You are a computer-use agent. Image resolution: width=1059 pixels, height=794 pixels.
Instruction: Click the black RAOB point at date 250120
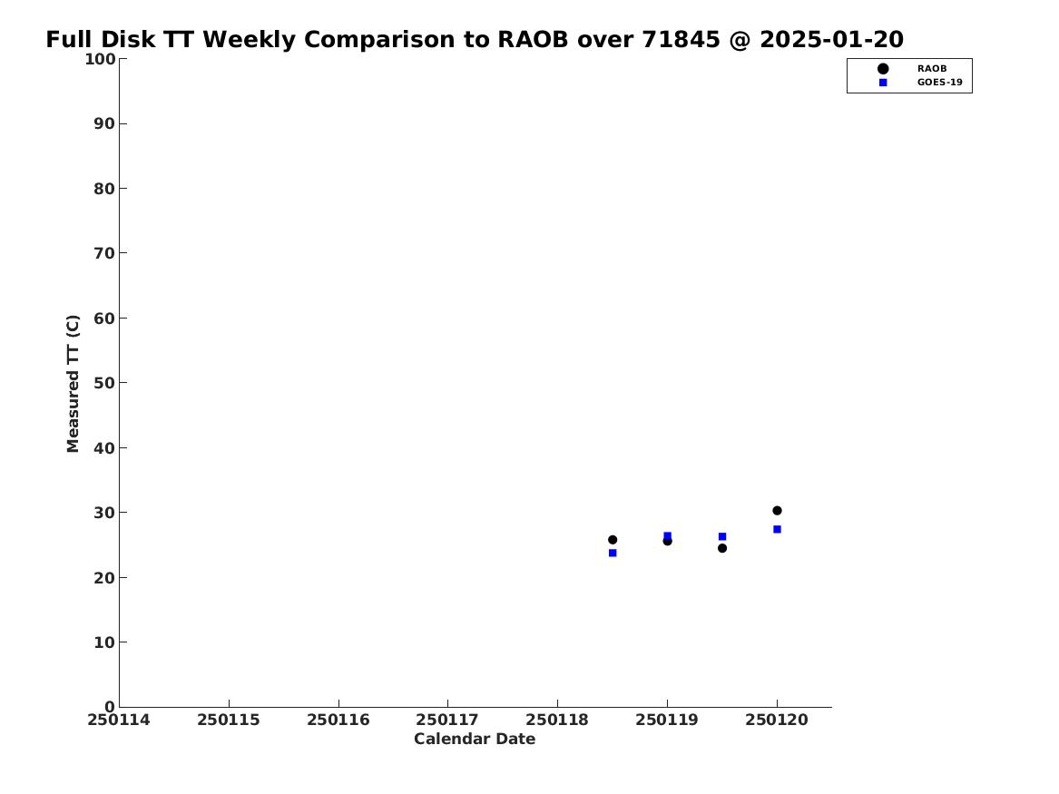click(x=777, y=510)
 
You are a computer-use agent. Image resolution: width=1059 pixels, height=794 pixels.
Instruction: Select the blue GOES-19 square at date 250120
click(x=777, y=529)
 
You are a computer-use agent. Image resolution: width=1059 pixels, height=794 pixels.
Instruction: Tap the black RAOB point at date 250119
click(x=667, y=541)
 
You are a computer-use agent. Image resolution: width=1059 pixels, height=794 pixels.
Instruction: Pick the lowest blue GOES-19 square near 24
click(x=613, y=553)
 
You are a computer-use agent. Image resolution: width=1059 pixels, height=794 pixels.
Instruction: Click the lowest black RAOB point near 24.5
click(x=722, y=548)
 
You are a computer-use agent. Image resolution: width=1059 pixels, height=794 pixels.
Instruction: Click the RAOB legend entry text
click(x=932, y=69)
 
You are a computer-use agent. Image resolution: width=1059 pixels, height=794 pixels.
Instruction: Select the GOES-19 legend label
click(x=939, y=83)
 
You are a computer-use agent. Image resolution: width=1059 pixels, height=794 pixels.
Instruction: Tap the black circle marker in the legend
click(x=883, y=69)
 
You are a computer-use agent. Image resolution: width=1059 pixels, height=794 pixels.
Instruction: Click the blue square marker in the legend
click(x=883, y=83)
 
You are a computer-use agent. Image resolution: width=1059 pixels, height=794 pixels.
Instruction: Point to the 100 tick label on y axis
click(x=100, y=59)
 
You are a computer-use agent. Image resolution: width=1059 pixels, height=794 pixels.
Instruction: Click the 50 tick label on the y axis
click(x=104, y=382)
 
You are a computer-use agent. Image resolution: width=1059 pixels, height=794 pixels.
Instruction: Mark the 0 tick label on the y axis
click(x=110, y=706)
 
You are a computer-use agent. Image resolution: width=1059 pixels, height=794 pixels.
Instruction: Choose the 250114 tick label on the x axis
click(x=119, y=720)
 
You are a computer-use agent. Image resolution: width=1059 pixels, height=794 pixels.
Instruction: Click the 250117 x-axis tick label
click(x=447, y=720)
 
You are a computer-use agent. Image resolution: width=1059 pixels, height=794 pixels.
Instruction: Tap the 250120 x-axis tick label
click(x=777, y=720)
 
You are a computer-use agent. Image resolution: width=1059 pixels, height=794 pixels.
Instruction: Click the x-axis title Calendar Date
click(x=475, y=740)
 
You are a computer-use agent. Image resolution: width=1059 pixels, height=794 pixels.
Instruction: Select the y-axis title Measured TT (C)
click(x=73, y=384)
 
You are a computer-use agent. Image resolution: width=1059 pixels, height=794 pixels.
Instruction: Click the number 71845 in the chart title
click(x=681, y=40)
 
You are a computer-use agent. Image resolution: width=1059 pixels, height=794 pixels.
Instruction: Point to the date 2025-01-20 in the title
click(x=831, y=40)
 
